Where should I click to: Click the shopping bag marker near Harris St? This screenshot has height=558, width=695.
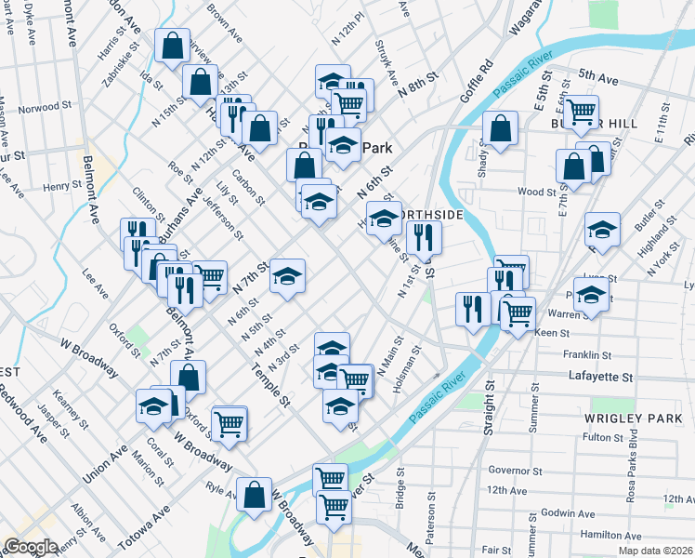[x=173, y=46]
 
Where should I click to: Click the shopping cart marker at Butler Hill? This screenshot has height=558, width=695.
[x=582, y=113]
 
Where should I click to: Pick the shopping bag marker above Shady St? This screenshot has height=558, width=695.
[x=500, y=131]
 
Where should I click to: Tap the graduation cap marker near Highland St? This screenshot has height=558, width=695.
[x=602, y=230]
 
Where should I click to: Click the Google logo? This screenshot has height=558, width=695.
[x=31, y=547]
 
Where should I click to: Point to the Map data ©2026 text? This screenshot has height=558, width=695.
[x=656, y=551]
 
